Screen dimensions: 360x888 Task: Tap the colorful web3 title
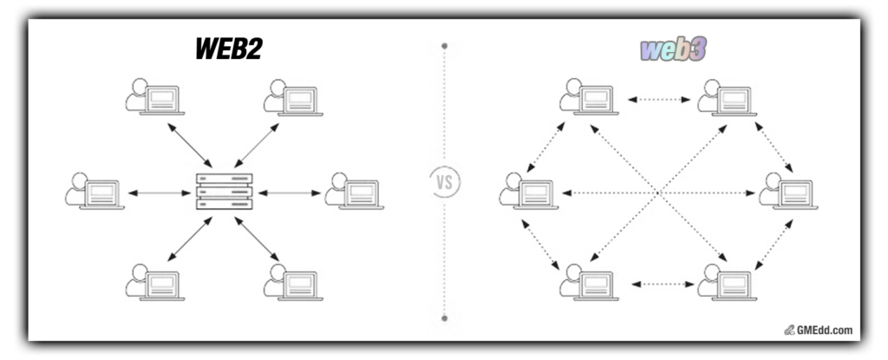(x=673, y=50)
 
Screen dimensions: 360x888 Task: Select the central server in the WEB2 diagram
(x=225, y=192)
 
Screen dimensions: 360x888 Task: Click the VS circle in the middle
(x=445, y=182)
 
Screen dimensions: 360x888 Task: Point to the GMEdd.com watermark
(x=819, y=330)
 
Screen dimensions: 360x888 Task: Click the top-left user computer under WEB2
(x=153, y=98)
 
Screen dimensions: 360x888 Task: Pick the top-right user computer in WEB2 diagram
(x=293, y=98)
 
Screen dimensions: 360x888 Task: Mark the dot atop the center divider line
(x=445, y=44)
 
